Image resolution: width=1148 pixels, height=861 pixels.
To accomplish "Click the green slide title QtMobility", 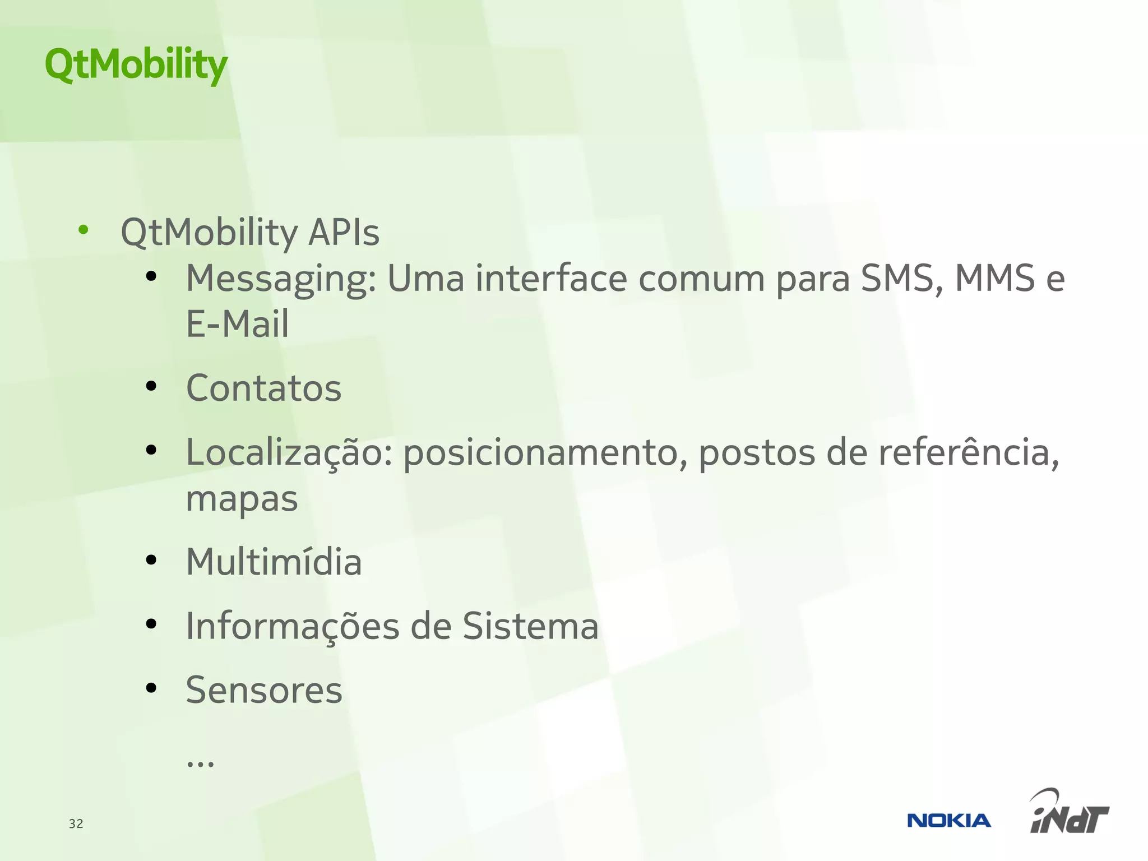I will [136, 64].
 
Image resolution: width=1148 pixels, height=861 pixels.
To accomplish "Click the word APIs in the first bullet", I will [344, 232].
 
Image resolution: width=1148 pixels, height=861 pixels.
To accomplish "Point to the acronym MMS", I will [994, 278].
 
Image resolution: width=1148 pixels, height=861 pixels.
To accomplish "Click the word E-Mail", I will [237, 324].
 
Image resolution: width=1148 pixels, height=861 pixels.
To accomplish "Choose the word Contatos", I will [263, 388].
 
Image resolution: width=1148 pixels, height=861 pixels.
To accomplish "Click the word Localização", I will [289, 453].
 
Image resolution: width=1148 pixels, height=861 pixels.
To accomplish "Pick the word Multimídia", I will [274, 562].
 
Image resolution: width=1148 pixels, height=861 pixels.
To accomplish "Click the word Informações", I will [292, 627].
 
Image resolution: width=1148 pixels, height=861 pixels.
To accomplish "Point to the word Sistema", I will [530, 626].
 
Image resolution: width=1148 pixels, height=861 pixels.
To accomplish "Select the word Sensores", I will [263, 690].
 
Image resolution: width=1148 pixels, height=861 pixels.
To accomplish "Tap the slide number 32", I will [76, 823].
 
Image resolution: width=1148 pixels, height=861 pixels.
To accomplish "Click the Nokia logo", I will [948, 821].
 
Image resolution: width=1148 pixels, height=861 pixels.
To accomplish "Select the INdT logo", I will [1069, 813].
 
